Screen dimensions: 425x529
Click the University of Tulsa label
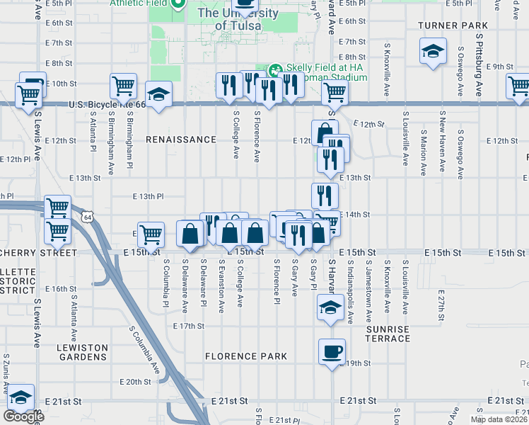click(x=228, y=19)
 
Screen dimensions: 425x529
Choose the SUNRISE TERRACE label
click(x=388, y=334)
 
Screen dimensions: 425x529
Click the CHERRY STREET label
click(x=39, y=252)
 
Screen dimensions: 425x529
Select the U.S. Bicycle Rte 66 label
click(x=107, y=105)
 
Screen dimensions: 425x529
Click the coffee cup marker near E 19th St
click(x=332, y=351)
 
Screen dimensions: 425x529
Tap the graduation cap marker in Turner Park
click(x=433, y=51)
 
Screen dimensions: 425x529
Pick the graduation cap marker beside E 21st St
click(x=21, y=397)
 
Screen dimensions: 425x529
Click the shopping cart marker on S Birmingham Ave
click(x=123, y=86)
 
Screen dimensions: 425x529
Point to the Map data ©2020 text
click(x=498, y=419)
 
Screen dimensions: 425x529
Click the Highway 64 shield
click(x=86, y=214)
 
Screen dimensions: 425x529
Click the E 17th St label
click(x=189, y=326)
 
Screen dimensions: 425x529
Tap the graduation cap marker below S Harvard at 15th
click(x=330, y=307)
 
